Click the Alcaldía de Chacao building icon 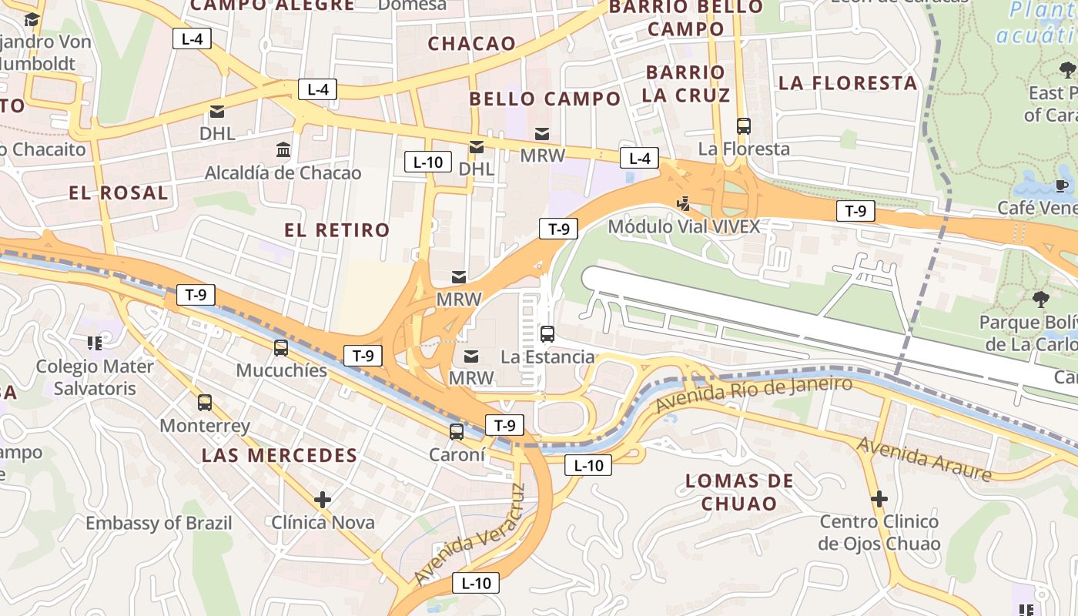[x=283, y=149]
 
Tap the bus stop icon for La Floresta [x=743, y=126]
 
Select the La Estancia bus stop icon [x=547, y=333]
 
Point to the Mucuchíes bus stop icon [x=281, y=347]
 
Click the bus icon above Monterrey [x=205, y=402]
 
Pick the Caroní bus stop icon [x=457, y=431]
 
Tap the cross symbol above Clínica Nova [x=323, y=500]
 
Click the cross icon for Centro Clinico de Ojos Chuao [x=879, y=499]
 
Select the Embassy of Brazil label [x=159, y=523]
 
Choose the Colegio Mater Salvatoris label [x=95, y=377]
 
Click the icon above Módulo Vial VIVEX [x=683, y=203]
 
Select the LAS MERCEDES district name [x=280, y=455]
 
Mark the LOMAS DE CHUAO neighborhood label [x=739, y=492]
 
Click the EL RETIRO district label [x=337, y=229]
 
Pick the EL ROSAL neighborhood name [x=119, y=192]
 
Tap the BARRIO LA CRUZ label [x=685, y=84]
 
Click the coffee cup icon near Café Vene [x=1062, y=185]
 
